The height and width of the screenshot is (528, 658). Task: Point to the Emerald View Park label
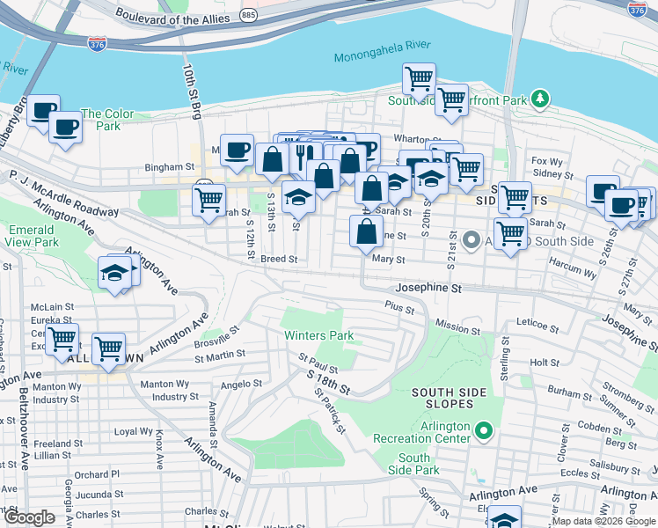(33, 236)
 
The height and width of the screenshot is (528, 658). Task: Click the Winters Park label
(318, 335)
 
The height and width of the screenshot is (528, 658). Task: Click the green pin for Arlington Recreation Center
(482, 430)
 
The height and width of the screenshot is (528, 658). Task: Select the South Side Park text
(413, 464)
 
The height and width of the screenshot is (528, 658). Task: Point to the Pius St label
(398, 305)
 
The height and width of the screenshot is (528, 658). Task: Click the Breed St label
(280, 260)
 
